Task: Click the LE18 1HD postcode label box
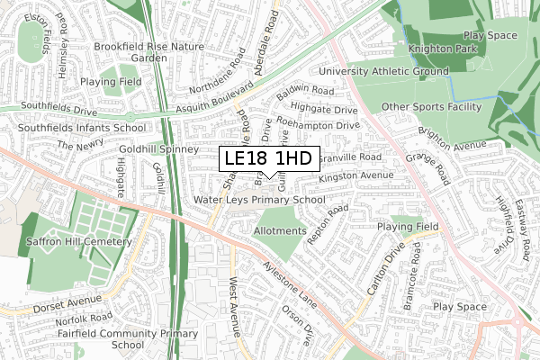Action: click(x=268, y=158)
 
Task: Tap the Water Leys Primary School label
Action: click(x=258, y=199)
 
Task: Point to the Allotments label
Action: click(x=282, y=231)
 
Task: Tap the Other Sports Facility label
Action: click(x=432, y=107)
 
